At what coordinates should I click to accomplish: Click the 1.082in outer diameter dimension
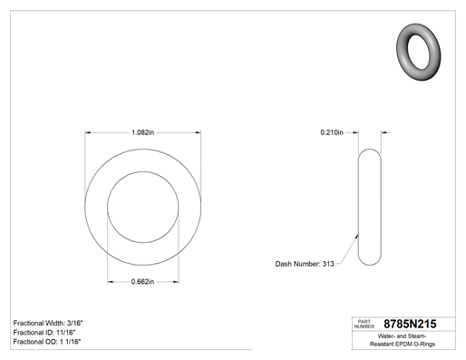click(x=142, y=132)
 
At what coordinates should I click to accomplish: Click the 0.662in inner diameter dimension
click(x=142, y=282)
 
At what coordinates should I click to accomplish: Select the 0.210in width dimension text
click(x=332, y=132)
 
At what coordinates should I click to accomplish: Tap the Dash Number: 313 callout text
click(x=305, y=264)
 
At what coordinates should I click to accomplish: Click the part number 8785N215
click(x=410, y=324)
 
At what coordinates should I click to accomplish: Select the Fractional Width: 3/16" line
click(x=48, y=323)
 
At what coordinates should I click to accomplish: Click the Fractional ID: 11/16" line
click(x=44, y=333)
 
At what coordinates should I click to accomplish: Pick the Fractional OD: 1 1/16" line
click(x=47, y=342)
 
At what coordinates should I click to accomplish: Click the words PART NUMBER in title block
click(x=364, y=324)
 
